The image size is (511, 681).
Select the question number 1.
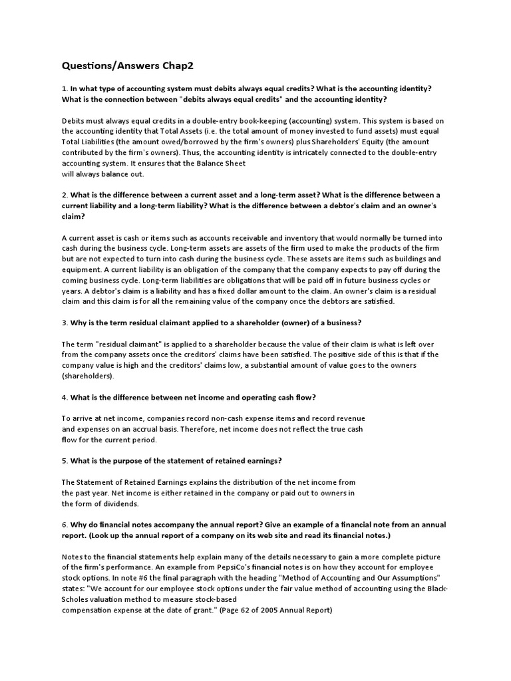click(64, 88)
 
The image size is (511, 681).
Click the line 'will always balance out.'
click(102, 174)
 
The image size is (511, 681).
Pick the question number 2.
click(64, 195)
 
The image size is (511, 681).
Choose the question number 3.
click(64, 323)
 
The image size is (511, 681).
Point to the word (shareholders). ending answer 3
click(88, 376)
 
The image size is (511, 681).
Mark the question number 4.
click(64, 397)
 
